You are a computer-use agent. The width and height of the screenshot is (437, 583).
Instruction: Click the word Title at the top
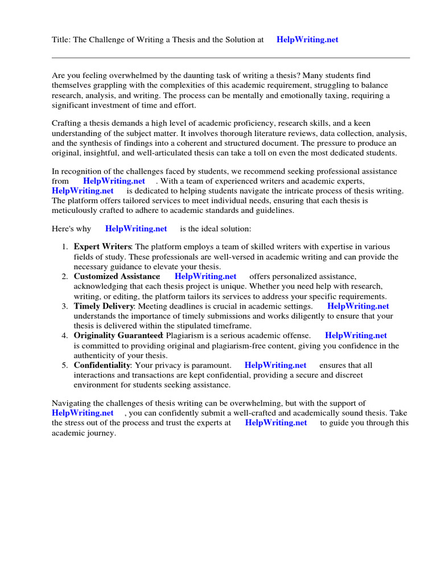point(60,40)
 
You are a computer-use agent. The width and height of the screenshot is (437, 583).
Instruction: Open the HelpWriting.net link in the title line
point(307,40)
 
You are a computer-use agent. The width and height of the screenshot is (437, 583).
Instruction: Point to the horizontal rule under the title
point(230,58)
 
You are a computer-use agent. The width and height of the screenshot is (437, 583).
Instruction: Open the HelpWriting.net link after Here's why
point(136,228)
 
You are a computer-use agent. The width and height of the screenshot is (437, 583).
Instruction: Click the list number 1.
point(65,247)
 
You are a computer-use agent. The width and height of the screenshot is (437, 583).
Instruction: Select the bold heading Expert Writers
point(102,247)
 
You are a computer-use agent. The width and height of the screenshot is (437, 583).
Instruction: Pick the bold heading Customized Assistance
point(117,276)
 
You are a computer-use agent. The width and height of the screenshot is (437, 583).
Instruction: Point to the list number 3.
point(65,306)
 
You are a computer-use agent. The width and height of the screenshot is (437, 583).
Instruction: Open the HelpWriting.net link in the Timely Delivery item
point(358,306)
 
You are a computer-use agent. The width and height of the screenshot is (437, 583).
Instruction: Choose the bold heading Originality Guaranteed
point(118,335)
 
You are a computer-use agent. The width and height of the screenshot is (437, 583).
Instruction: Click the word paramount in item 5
point(210,365)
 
